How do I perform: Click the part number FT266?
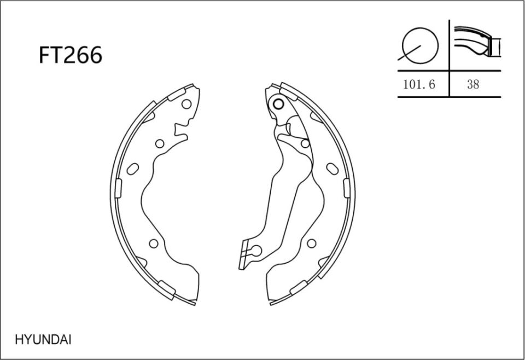pos(70,55)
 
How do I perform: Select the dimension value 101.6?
pos(419,85)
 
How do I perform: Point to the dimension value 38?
pos(473,85)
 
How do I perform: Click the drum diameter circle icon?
pos(420,44)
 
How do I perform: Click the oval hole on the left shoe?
pos(132,169)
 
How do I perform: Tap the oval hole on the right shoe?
pos(331,168)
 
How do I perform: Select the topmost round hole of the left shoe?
pos(186,104)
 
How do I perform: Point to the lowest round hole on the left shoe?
pos(154,243)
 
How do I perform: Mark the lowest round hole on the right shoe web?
pos(311,243)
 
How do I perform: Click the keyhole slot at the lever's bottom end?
pos(253,252)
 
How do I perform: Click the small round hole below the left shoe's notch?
pos(160,144)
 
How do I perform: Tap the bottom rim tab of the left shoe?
pos(167,286)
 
